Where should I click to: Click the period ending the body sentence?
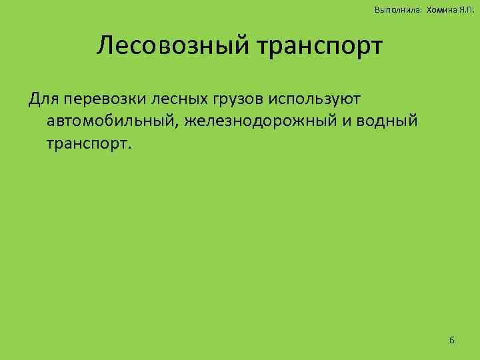[131, 148]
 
